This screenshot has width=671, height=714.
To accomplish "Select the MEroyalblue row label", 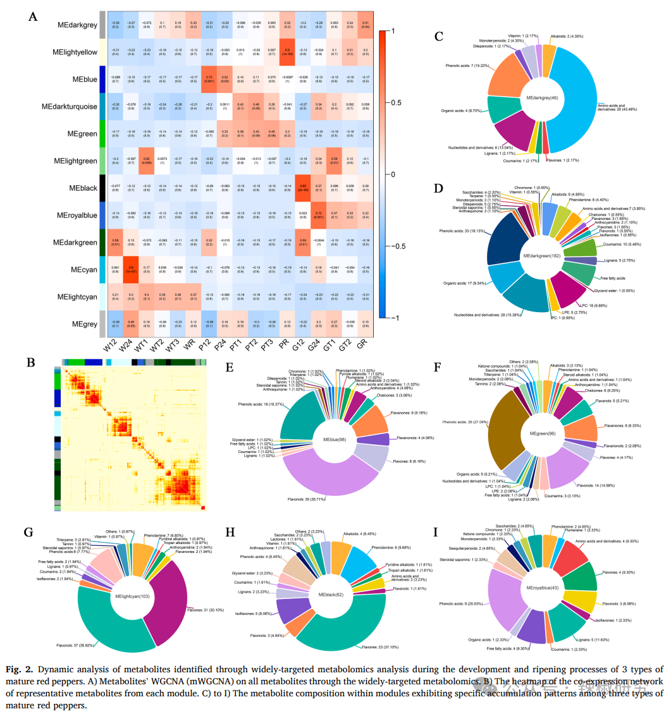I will coord(75,215).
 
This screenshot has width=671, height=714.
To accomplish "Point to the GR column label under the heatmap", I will coord(362,346).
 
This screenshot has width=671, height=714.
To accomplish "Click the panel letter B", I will coord(30,363).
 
